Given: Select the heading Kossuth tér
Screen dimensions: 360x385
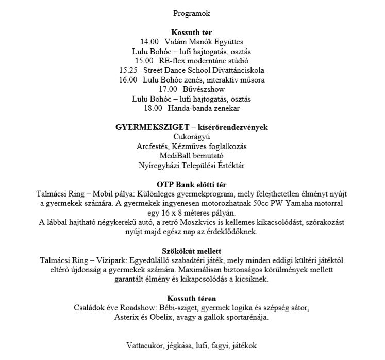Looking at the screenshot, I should coord(192,32).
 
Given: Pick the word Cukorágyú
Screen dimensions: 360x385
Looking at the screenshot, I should coord(192,137).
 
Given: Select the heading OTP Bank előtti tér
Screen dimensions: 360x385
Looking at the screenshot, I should coord(192,185).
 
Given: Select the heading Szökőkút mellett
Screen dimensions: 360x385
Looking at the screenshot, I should coord(192,251).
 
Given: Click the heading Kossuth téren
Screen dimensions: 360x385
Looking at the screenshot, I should coord(192,299).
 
